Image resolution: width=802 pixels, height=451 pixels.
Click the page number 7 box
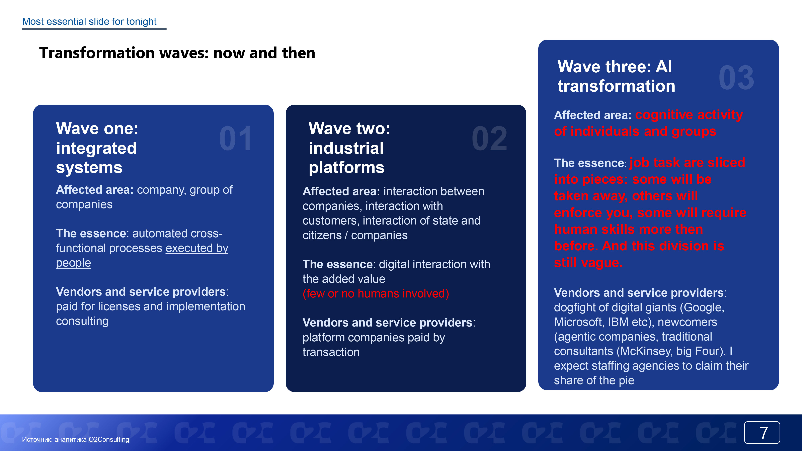click(762, 432)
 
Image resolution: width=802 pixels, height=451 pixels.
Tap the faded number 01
click(236, 139)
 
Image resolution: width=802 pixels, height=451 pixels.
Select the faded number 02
click(489, 139)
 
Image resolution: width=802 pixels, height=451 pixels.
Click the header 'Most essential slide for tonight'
click(89, 21)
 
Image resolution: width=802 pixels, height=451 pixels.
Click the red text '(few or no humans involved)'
click(376, 293)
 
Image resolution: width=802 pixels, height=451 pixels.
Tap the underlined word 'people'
click(73, 263)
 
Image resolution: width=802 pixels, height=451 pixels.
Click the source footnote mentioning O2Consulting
click(76, 440)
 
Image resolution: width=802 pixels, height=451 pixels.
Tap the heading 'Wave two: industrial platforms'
click(349, 148)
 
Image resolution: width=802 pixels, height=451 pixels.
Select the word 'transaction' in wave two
click(331, 352)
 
